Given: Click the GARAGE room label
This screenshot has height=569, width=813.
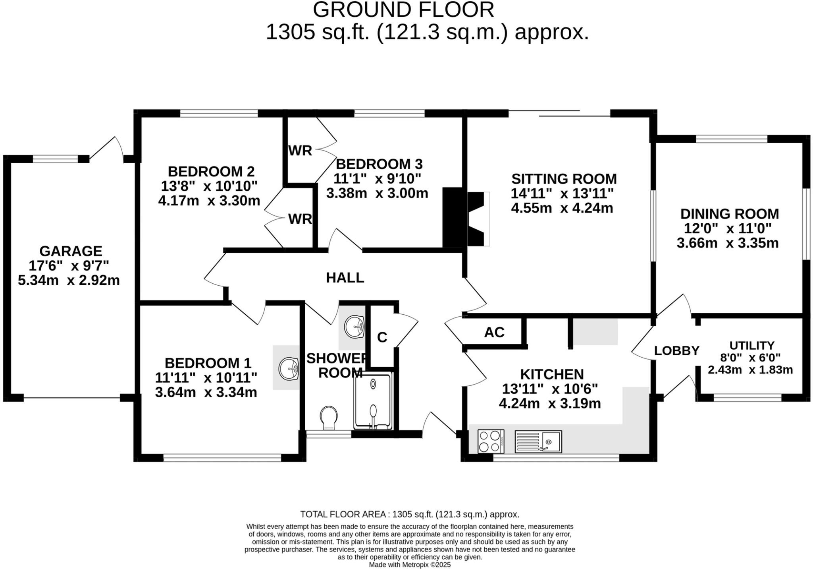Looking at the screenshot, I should click(71, 251).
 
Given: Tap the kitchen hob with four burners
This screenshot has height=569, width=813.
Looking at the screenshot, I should click(491, 441).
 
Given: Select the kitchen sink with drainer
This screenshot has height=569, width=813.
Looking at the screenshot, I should click(538, 441).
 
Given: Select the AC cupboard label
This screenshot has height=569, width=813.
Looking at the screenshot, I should click(494, 332).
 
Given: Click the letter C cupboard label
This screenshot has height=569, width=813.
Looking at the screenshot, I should click(382, 337).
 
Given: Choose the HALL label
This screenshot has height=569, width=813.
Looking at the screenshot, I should click(345, 278).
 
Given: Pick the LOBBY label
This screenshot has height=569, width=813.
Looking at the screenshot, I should click(676, 351).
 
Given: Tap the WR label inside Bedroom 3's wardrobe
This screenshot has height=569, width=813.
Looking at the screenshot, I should click(300, 151).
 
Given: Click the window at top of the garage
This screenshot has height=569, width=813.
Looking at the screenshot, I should click(55, 159).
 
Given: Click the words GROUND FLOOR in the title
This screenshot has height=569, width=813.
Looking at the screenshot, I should click(403, 10).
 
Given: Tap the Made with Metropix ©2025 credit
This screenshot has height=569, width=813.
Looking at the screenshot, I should click(410, 564).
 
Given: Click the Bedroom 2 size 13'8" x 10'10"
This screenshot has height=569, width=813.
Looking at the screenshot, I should click(209, 186).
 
